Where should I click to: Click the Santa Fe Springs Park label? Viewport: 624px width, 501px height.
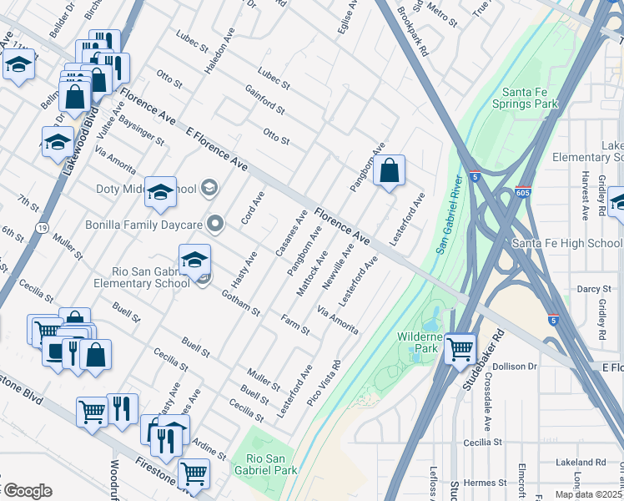coord(529,98)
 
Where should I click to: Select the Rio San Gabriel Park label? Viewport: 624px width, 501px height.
coord(264,464)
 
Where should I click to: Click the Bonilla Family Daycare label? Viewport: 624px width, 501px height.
coord(144,225)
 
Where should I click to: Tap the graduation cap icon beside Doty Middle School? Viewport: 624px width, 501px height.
coord(160,192)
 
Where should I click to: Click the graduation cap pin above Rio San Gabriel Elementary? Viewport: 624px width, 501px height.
coord(194,260)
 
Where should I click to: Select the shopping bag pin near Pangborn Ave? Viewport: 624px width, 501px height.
coord(389,171)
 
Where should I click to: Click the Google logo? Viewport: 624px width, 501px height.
coord(27,490)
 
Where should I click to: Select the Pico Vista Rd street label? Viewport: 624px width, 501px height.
coord(324,382)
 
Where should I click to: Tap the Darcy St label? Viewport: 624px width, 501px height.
coord(594,289)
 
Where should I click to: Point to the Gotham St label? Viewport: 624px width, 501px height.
coord(241,302)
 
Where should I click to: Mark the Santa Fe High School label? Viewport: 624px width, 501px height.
coord(566,243)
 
